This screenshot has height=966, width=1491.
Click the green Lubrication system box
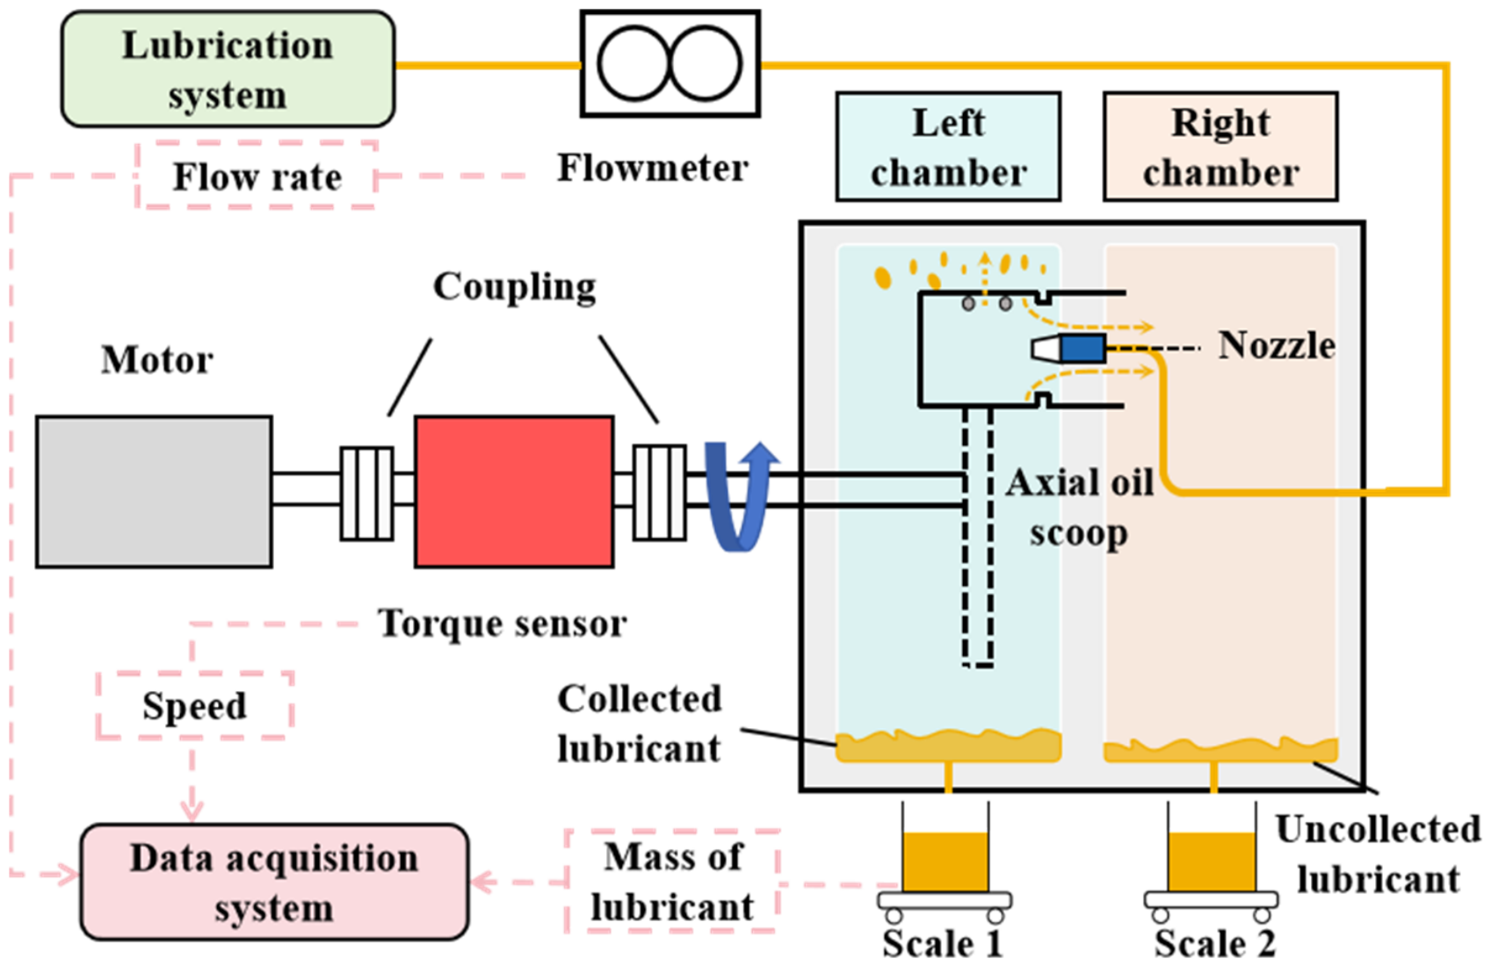(x=228, y=68)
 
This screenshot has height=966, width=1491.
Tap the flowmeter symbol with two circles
(x=670, y=64)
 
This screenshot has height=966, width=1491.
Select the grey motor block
(x=154, y=492)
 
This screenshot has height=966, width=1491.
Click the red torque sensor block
(x=514, y=492)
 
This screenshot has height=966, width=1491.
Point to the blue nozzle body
(x=1082, y=348)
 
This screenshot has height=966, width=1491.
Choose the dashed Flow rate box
(x=257, y=175)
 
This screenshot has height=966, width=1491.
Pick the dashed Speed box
(x=194, y=705)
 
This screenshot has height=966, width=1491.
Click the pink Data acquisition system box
(x=274, y=883)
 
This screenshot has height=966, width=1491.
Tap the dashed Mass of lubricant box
(x=671, y=881)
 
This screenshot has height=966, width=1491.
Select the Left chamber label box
(x=949, y=147)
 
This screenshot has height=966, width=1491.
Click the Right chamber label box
(x=1220, y=147)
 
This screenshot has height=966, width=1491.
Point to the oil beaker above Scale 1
(x=945, y=848)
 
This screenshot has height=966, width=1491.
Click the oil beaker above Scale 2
(x=1212, y=848)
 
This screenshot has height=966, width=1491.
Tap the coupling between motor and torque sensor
(x=366, y=493)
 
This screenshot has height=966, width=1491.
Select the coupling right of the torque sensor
(x=660, y=493)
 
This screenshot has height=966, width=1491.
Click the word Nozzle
(x=1277, y=346)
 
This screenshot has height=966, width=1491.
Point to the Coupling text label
(x=515, y=287)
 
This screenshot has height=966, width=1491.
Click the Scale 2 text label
(x=1214, y=943)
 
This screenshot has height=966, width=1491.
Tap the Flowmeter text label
(x=653, y=168)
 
